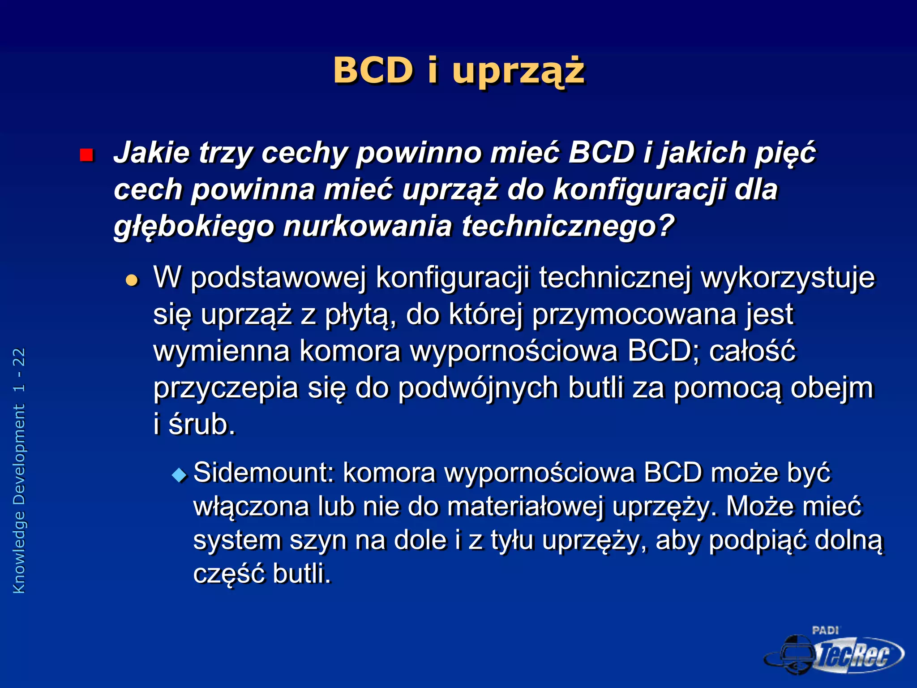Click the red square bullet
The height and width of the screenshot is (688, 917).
(x=86, y=155)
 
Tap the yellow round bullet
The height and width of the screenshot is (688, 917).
(x=132, y=280)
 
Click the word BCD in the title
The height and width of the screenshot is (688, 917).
(x=373, y=71)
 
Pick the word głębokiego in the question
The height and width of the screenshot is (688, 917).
(x=193, y=226)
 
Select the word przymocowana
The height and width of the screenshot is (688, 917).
(x=634, y=314)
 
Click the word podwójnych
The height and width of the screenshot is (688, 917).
(x=478, y=388)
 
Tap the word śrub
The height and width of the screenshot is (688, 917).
(x=201, y=424)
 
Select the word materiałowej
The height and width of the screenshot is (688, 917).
(x=525, y=507)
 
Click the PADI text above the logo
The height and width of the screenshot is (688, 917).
(x=825, y=631)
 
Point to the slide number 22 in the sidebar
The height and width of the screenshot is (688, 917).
(x=19, y=357)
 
